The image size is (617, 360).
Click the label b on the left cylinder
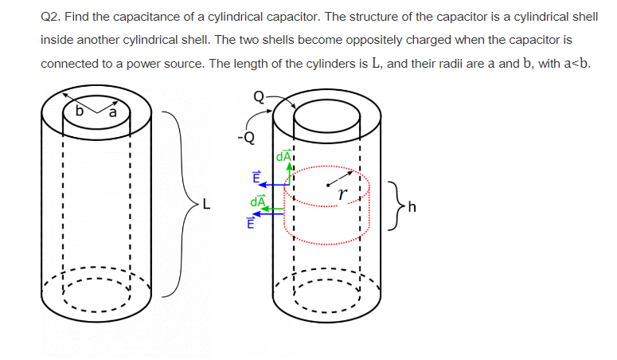tap(78, 112)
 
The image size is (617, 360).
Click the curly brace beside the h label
tap(395, 205)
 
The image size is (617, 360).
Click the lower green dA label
tap(257, 202)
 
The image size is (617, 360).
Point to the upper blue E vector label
tap(256, 181)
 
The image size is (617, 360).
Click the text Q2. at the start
tap(52, 17)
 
